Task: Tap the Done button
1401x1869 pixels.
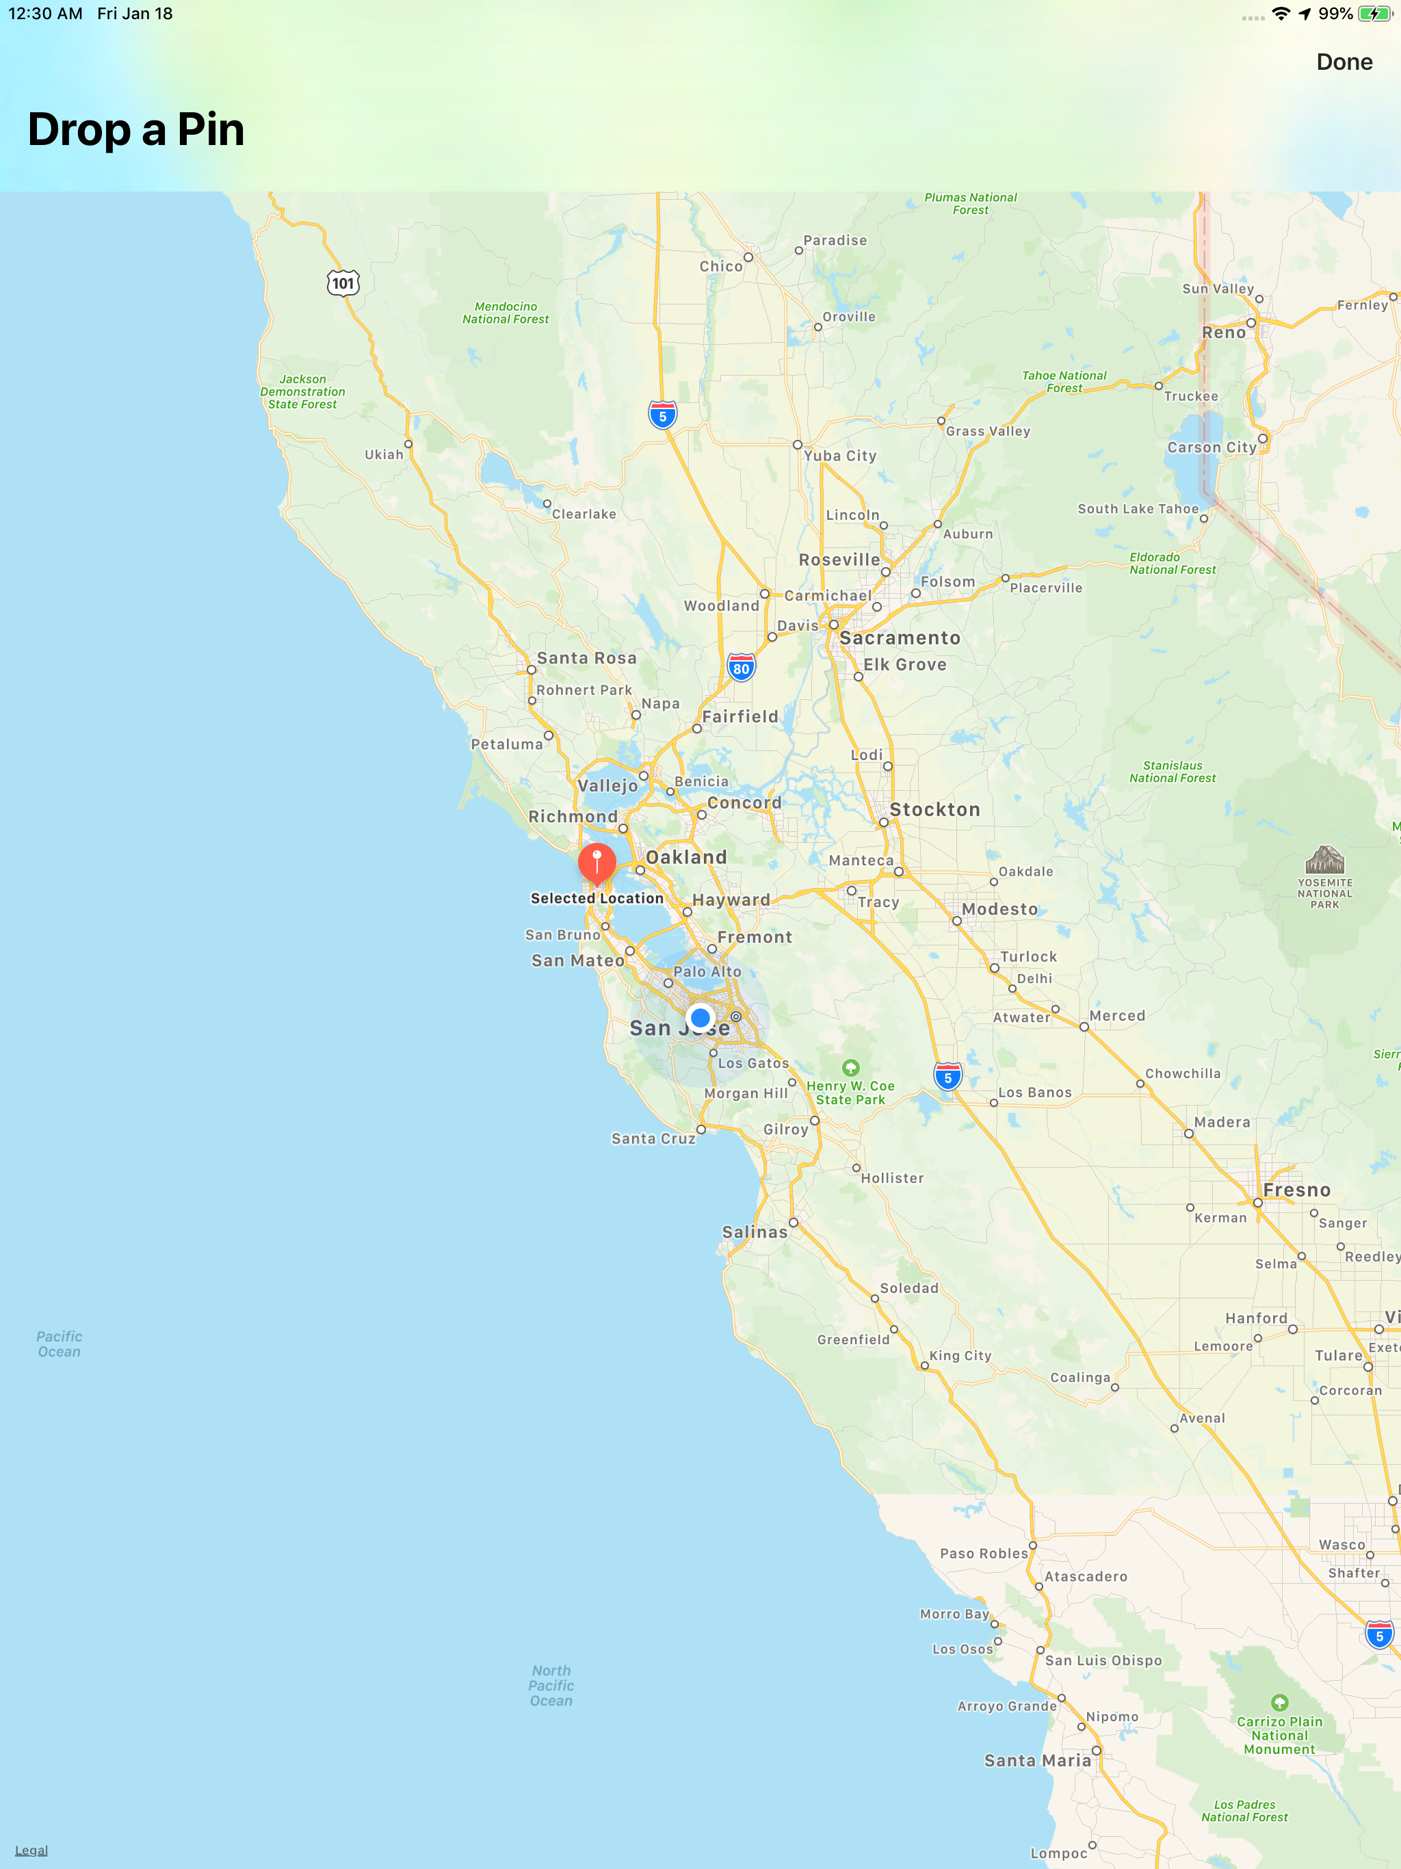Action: (x=1344, y=62)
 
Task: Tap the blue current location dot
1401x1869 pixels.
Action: (x=700, y=1017)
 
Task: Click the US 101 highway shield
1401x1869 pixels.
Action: (x=343, y=283)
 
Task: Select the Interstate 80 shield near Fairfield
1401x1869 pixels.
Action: (x=741, y=668)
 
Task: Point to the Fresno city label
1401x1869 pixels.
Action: (x=1296, y=1190)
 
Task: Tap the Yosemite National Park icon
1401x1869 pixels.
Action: (x=1324, y=860)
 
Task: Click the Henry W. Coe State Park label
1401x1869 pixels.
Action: (x=850, y=1092)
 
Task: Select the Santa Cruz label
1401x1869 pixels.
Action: (x=653, y=1138)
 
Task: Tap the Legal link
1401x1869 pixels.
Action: (x=31, y=1850)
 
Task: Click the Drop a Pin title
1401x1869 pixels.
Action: (x=136, y=129)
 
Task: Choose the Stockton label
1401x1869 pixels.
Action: (x=934, y=809)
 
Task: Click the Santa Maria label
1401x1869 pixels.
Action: (x=1038, y=1760)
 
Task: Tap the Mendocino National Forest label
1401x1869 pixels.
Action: (x=506, y=313)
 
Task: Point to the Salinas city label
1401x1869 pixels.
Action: (x=755, y=1232)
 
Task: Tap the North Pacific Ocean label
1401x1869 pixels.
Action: (x=551, y=1685)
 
